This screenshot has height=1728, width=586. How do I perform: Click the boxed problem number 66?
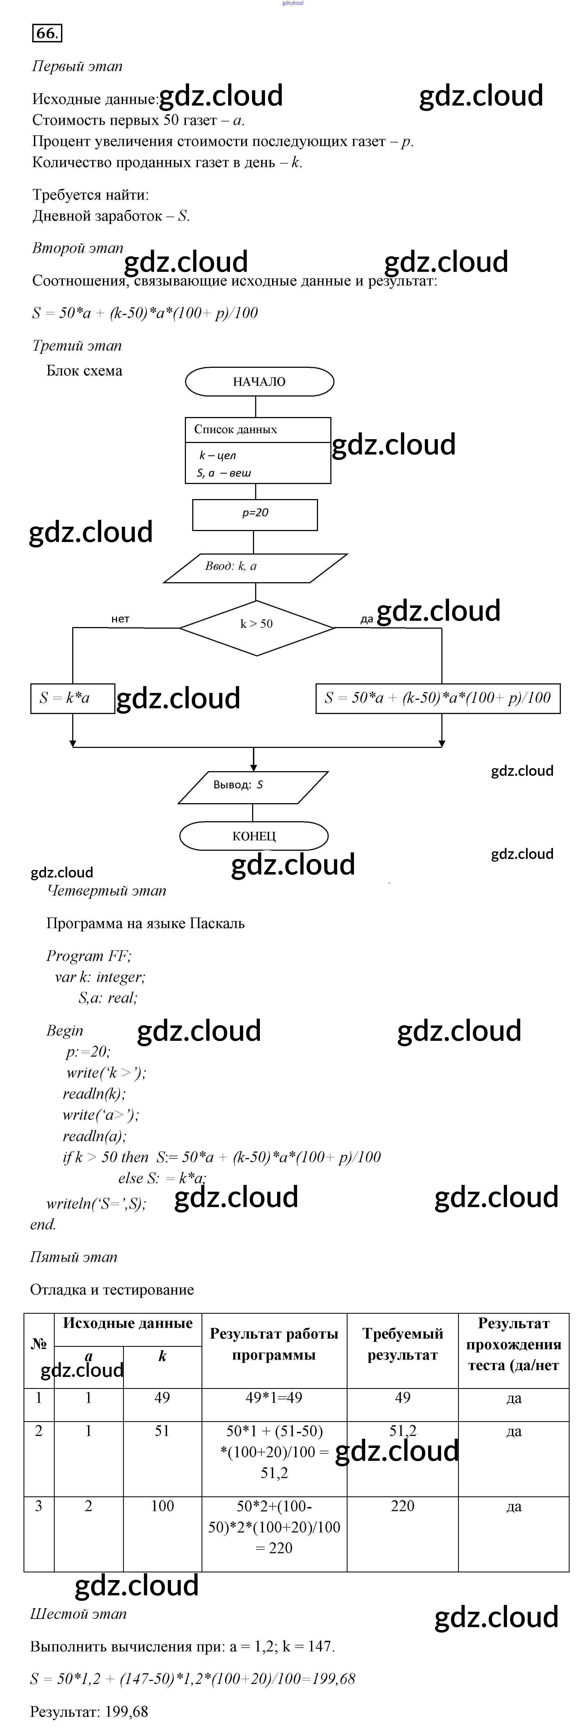coord(47,33)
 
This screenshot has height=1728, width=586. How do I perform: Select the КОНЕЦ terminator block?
coord(253,836)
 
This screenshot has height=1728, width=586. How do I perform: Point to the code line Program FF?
coord(89,956)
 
